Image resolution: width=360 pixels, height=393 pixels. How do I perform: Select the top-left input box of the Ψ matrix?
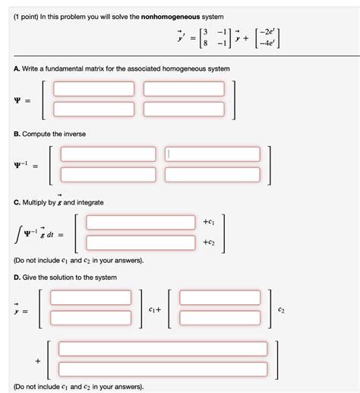pos(94,89)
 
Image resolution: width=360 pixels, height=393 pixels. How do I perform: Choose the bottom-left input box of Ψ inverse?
pos(107,174)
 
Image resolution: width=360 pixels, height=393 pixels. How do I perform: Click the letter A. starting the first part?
pos(16,69)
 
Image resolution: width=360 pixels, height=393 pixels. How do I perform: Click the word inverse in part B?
pos(70,134)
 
